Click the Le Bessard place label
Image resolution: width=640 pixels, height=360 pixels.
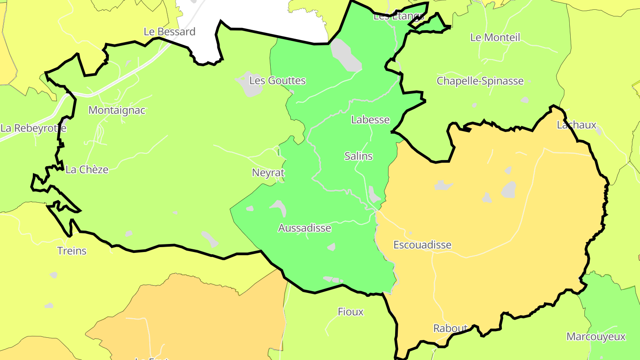point(169,32)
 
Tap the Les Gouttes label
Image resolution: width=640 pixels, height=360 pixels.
point(277,81)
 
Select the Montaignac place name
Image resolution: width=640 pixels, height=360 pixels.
point(117,111)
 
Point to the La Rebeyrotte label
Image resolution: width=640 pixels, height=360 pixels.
point(33,128)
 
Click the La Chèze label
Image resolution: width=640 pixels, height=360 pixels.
point(87,170)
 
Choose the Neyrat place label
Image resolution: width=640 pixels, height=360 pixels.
point(268,173)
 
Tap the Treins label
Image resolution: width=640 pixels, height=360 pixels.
point(72,251)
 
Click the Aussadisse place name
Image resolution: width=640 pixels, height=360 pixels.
point(304,228)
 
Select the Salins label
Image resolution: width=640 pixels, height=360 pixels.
point(358,156)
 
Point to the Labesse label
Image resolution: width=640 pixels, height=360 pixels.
point(370,120)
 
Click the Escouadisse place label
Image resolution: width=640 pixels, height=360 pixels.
point(422,245)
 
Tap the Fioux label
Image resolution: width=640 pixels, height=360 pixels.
point(351,312)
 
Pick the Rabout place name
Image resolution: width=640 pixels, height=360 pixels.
point(450,328)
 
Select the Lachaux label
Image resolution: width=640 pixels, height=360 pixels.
point(576,125)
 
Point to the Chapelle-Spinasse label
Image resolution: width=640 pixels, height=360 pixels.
point(480,81)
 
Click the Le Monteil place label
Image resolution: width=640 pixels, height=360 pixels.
point(495,38)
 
